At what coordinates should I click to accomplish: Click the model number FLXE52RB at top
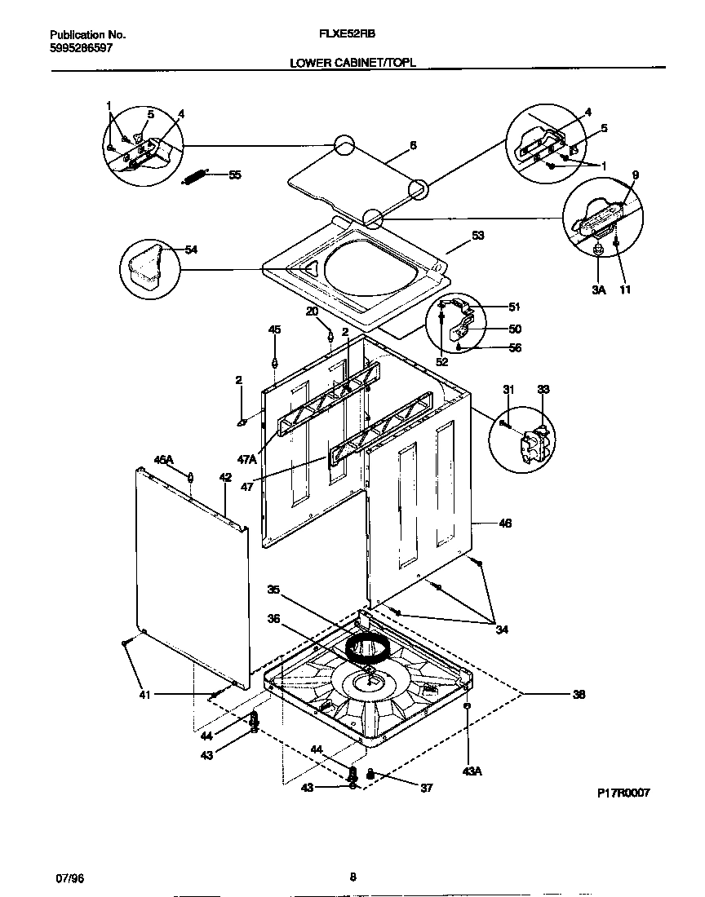pos(352,35)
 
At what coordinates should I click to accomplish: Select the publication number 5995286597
pos(81,48)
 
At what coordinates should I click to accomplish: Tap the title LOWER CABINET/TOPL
pos(352,62)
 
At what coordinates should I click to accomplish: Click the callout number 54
pos(191,250)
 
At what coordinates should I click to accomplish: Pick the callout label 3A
pos(598,289)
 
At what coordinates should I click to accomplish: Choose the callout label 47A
pos(247,460)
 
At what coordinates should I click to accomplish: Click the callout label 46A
pos(164,460)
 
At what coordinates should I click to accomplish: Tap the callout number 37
pos(426,788)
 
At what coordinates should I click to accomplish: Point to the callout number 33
pos(543,391)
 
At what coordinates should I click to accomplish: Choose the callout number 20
pos(312,312)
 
